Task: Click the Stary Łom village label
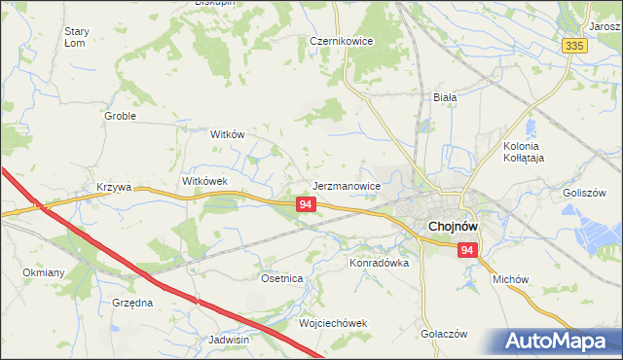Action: [77, 37]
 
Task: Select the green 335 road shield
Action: [574, 46]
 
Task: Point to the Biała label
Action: [445, 97]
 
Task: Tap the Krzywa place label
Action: [114, 187]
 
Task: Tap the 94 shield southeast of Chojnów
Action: [468, 251]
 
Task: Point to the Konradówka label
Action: [379, 263]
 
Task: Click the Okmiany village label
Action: [44, 273]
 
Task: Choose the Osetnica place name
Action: [282, 278]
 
